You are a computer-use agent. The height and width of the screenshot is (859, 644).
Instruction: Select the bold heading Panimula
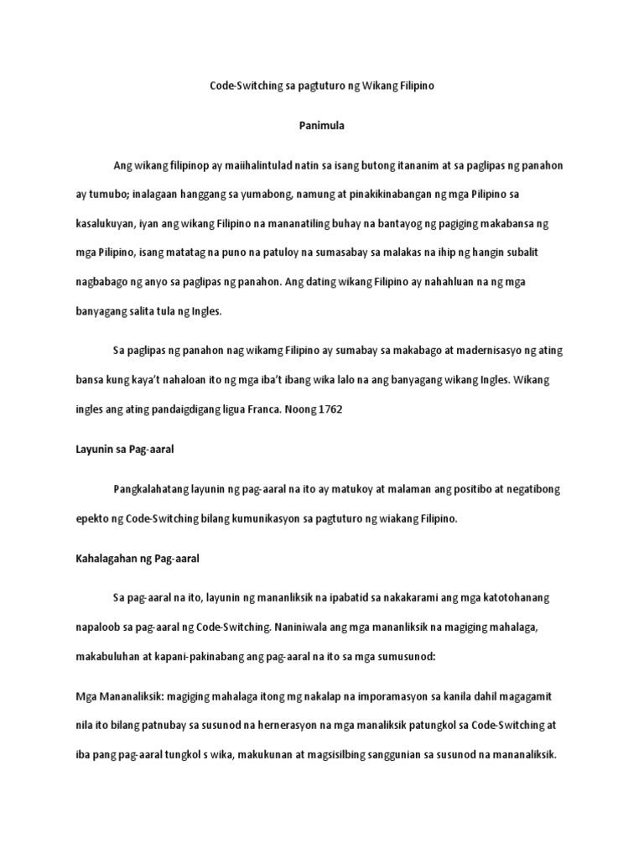point(321,125)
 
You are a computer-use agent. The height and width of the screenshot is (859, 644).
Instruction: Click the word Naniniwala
point(321,626)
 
